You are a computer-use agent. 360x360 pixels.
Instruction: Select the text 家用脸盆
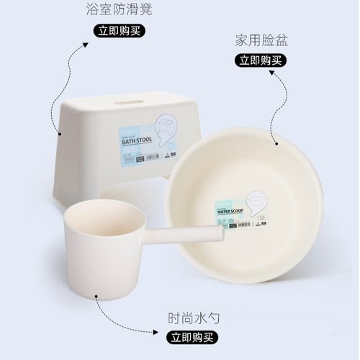[261, 40]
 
